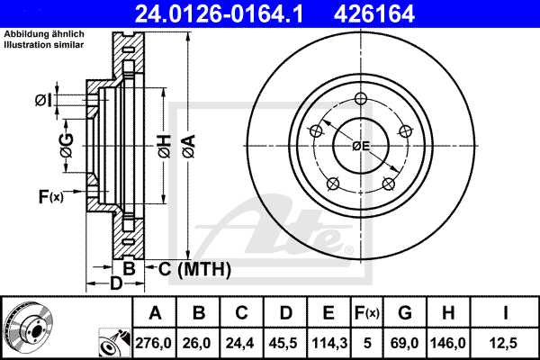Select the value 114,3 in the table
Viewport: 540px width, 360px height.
[x=328, y=343]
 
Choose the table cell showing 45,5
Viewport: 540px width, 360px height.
[x=285, y=343]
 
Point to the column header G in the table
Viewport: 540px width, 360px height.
[x=405, y=313]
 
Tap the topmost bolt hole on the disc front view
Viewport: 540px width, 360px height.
[x=361, y=99]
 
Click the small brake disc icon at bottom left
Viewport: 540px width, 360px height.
[x=27, y=326]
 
